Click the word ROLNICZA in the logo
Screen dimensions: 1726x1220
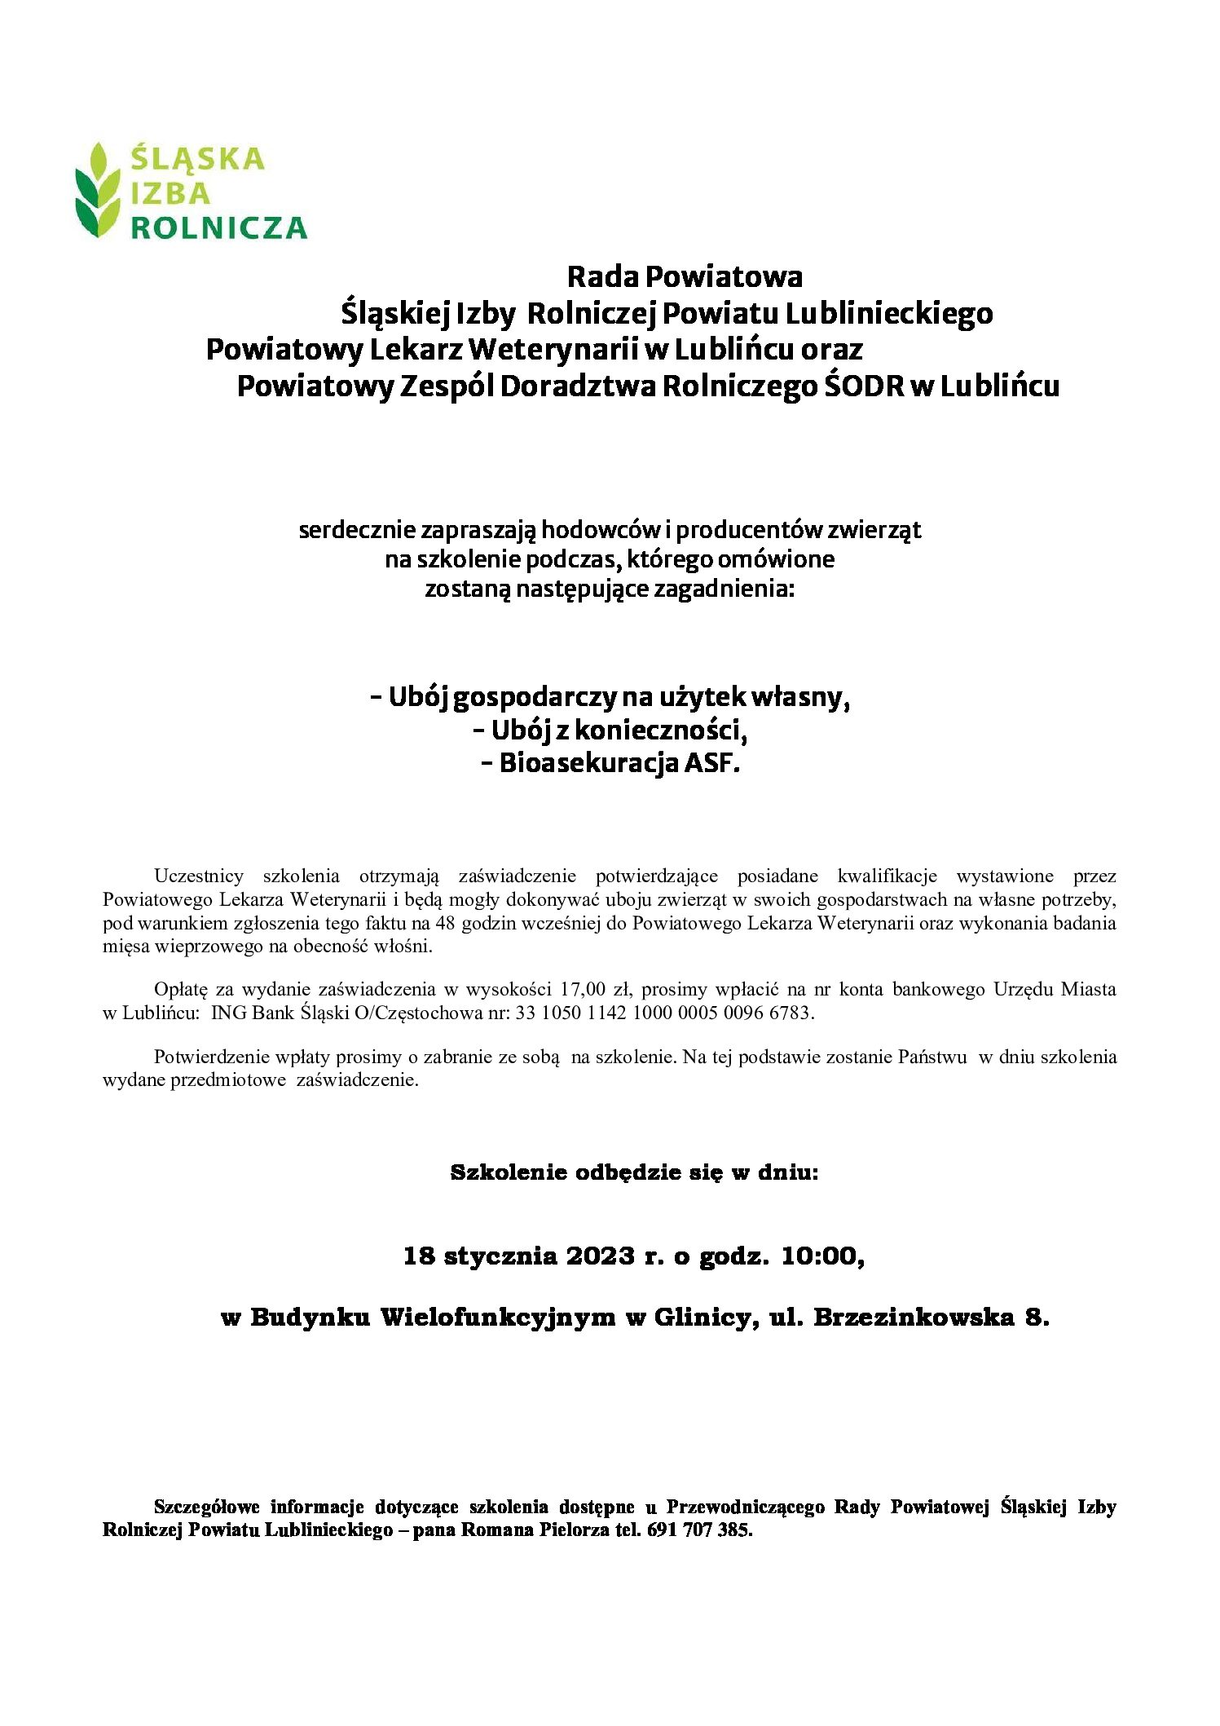point(218,227)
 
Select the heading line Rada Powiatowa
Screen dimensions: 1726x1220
point(685,277)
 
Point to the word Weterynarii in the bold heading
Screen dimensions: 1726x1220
point(554,350)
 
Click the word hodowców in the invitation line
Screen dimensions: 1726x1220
point(601,531)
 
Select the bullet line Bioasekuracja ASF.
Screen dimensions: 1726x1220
point(610,764)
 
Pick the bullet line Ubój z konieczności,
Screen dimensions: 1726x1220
point(610,731)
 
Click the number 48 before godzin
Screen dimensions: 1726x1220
point(446,924)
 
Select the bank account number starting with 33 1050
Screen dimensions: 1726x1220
point(663,1013)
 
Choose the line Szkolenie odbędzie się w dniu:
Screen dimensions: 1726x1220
point(634,1173)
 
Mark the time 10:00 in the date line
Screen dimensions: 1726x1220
point(818,1256)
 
